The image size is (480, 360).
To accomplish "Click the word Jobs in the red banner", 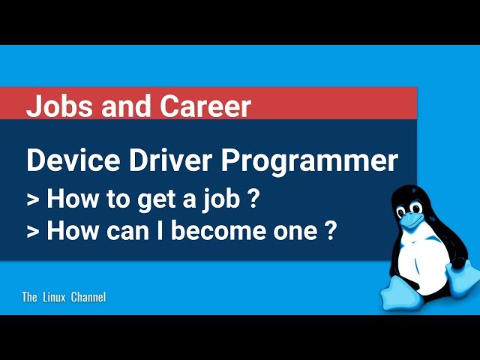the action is pyautogui.click(x=59, y=106).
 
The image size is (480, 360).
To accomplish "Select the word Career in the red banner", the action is pyautogui.click(x=205, y=106).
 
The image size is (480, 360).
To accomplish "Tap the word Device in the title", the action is pyautogui.click(x=73, y=160).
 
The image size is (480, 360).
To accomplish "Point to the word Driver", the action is pyautogui.click(x=170, y=160).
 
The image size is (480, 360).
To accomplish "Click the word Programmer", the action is pyautogui.click(x=310, y=162).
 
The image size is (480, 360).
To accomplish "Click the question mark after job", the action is pyautogui.click(x=252, y=198).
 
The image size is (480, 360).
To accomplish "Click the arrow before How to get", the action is pyautogui.click(x=33, y=200).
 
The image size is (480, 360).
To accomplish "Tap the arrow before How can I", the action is pyautogui.click(x=33, y=232).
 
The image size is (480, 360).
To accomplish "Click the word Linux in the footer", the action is pyautogui.click(x=54, y=297).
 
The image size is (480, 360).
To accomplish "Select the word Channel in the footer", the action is pyautogui.click(x=88, y=297).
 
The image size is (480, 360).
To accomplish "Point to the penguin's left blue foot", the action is pyautogui.click(x=401, y=295).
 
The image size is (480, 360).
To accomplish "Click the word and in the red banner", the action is pyautogui.click(x=126, y=106).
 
